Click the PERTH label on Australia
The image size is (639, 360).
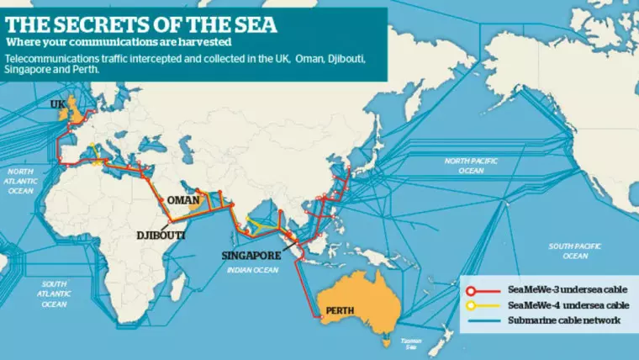(x=341, y=310)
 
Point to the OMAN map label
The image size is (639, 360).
(x=184, y=200)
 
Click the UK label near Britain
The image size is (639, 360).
(x=58, y=103)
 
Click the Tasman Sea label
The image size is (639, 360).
(x=411, y=343)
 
